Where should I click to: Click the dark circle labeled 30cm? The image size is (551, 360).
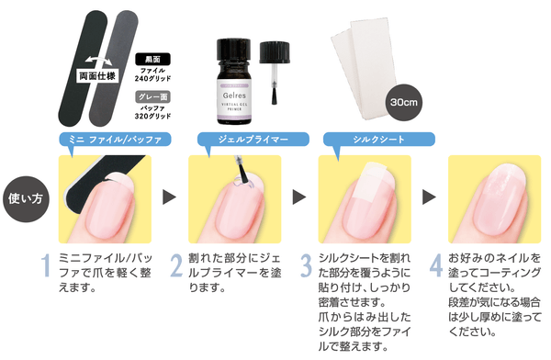click(404, 102)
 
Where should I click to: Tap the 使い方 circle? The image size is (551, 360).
click(26, 199)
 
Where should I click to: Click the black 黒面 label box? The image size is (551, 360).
click(152, 59)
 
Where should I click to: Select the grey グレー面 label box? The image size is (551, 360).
click(152, 97)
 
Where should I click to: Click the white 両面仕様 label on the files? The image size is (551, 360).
click(97, 76)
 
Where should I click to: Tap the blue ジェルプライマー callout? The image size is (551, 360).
click(253, 140)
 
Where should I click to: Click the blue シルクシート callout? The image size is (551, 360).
click(378, 140)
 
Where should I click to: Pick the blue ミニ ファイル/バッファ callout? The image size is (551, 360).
click(115, 140)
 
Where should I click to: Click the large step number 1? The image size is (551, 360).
click(46, 265)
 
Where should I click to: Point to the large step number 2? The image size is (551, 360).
click(176, 265)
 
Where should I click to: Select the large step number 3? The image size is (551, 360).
click(306, 265)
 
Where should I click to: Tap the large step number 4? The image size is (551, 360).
click(436, 265)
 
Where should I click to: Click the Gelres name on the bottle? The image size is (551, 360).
click(234, 96)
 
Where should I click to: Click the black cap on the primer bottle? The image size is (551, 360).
click(233, 51)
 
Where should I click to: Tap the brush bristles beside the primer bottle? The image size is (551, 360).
click(274, 96)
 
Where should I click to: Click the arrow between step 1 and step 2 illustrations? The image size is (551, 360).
click(169, 197)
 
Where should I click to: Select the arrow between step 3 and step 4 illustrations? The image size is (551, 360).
click(429, 197)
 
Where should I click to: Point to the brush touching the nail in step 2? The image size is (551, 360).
click(242, 170)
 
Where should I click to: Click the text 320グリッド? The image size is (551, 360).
click(152, 116)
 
